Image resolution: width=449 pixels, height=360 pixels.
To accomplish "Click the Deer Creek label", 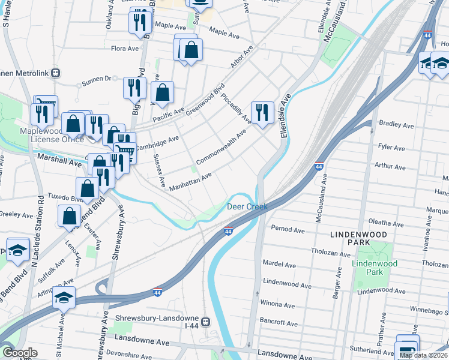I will click(x=247, y=206).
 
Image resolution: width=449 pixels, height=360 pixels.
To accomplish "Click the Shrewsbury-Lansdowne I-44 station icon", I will click(x=206, y=322).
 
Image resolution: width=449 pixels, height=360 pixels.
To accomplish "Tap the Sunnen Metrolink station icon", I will click(x=56, y=73).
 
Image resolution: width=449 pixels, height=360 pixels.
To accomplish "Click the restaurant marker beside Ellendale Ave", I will click(x=262, y=112).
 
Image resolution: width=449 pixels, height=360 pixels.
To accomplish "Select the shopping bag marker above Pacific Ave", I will click(x=162, y=93).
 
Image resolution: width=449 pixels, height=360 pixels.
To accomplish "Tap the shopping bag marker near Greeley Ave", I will click(x=70, y=215).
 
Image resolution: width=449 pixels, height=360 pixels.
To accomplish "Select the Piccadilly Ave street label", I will click(x=235, y=107).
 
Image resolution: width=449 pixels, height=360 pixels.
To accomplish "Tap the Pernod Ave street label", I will click(x=285, y=229).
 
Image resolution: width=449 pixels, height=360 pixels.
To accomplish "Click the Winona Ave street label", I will click(x=279, y=304).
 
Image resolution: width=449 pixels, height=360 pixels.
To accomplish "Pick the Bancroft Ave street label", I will click(x=280, y=324).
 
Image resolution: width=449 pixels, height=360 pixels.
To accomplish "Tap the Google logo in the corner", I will click(x=20, y=353).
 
